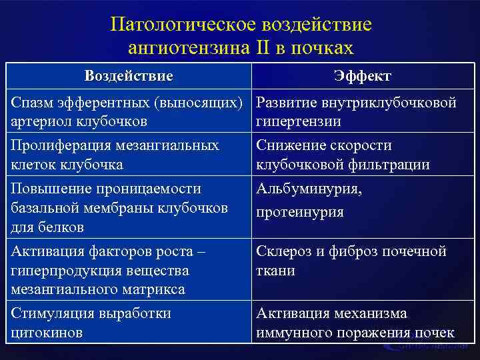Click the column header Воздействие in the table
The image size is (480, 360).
tap(129, 75)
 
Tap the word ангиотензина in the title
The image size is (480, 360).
tap(193, 48)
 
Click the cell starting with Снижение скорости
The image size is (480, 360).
tap(343, 155)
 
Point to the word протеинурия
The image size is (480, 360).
tap(300, 212)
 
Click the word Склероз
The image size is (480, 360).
tap(285, 252)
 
